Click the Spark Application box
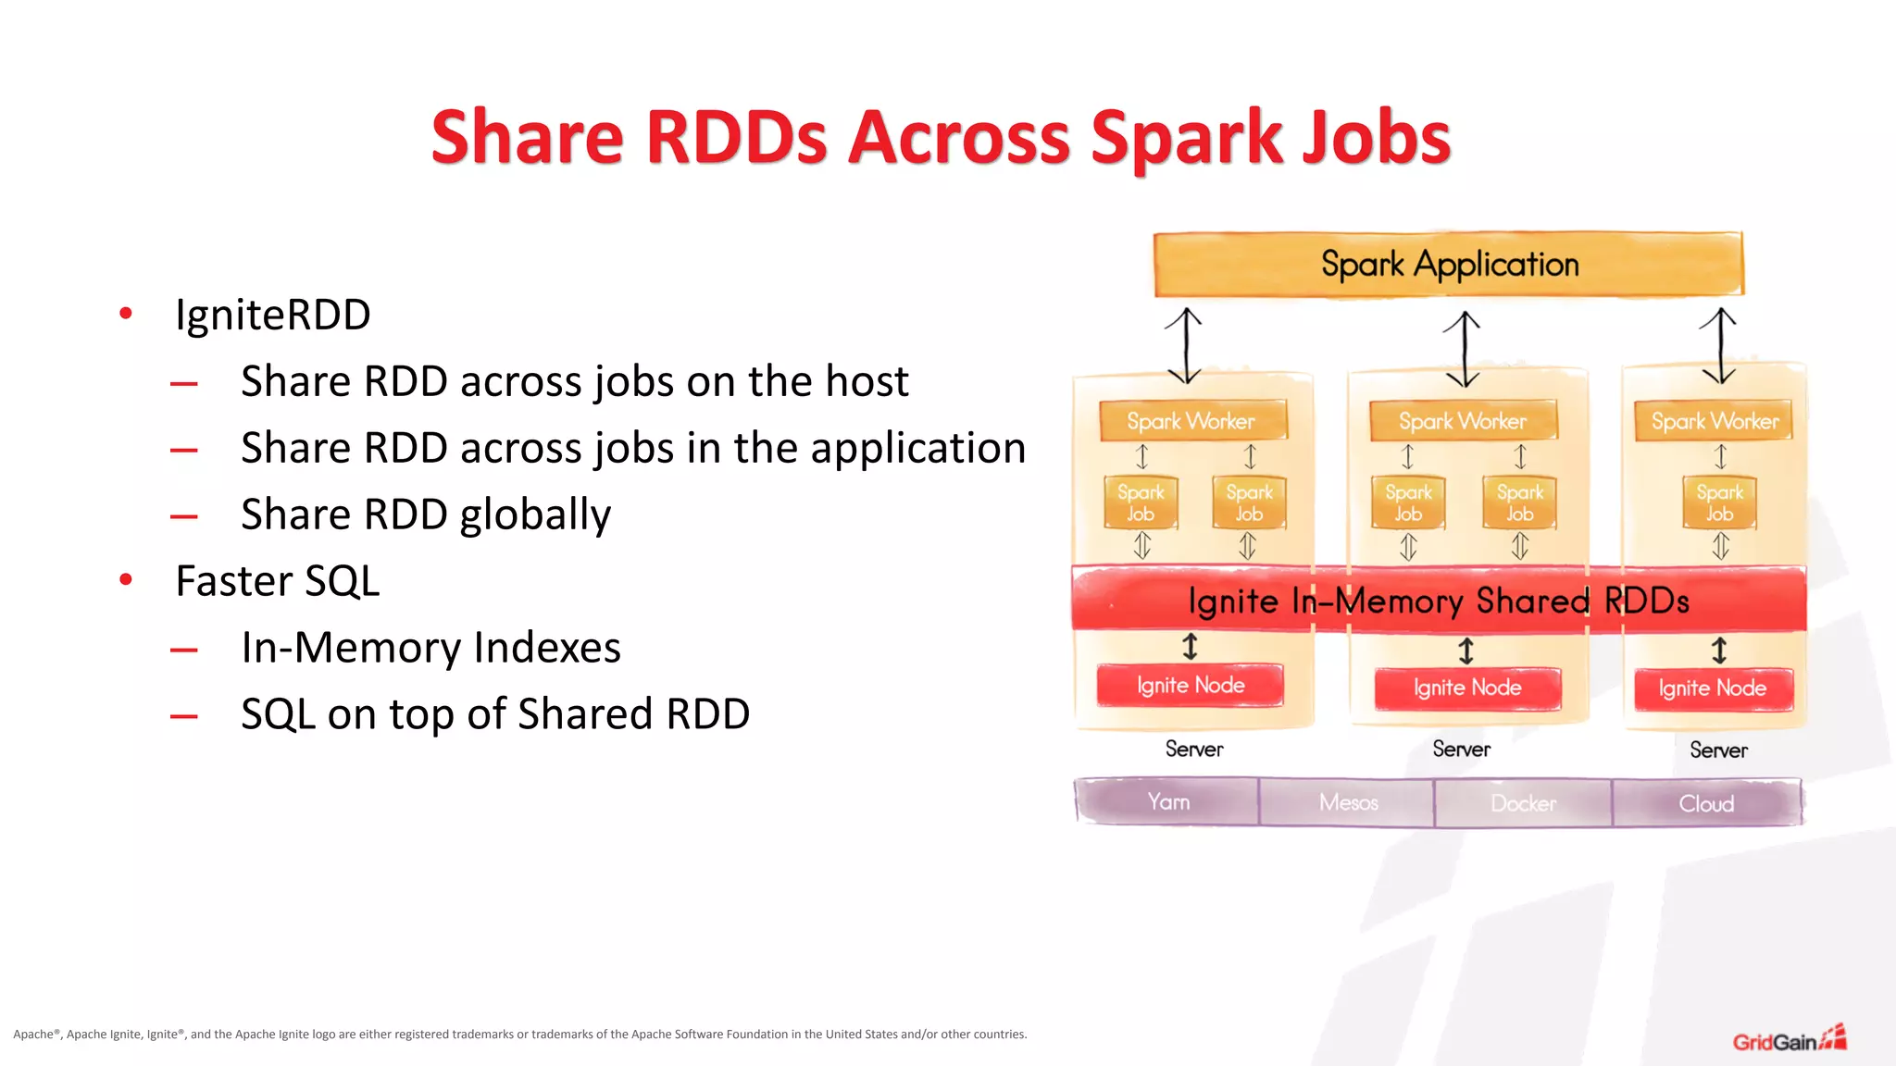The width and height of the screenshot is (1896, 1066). tap(1449, 265)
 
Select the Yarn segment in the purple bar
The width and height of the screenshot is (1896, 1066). tap(1167, 801)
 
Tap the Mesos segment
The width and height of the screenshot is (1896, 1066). tap(1348, 802)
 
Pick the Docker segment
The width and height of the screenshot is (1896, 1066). tap(1523, 803)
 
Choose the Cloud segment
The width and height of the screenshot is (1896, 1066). tap(1706, 803)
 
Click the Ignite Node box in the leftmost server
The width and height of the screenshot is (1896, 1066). tap(1191, 686)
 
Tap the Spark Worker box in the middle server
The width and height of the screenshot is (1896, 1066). tap(1463, 421)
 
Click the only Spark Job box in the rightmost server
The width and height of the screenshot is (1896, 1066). tap(1719, 503)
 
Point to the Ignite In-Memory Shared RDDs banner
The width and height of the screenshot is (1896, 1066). tap(1439, 601)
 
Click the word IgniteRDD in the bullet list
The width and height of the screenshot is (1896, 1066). tap(273, 316)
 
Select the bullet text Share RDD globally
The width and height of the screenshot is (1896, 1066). tap(426, 514)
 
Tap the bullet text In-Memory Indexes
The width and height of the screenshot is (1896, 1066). tap(430, 648)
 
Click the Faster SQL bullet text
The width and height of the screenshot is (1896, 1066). tap(278, 581)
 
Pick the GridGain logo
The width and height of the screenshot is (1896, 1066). tap(1789, 1040)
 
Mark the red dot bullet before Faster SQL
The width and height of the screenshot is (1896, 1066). tap(126, 580)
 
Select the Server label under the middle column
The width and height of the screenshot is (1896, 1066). tap(1461, 749)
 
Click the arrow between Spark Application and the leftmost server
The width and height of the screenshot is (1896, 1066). tap(1184, 346)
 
